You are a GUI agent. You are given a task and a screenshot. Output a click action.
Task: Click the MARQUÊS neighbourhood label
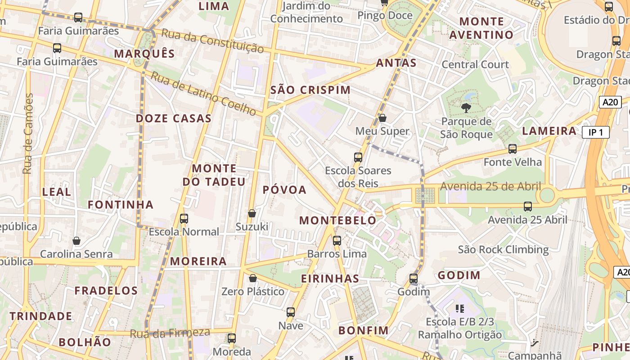(144, 54)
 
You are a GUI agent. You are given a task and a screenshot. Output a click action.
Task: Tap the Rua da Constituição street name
(212, 41)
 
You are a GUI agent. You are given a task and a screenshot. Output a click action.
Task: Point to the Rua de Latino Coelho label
(203, 93)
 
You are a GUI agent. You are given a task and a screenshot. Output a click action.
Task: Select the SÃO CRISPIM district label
(310, 90)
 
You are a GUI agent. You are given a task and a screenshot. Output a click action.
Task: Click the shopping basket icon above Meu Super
(382, 118)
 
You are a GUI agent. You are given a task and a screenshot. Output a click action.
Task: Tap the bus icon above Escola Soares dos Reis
(358, 157)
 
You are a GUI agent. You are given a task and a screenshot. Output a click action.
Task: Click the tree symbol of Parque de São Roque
(466, 108)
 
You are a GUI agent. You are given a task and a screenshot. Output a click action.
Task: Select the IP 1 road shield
(595, 132)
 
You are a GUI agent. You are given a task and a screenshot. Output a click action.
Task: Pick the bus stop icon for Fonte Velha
(512, 149)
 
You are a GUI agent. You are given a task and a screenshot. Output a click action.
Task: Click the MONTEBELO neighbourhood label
(337, 220)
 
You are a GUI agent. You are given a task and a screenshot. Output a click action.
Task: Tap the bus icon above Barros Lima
(337, 241)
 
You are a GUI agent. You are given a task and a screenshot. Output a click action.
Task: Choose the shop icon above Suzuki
(252, 213)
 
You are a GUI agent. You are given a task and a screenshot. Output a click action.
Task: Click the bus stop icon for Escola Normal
(184, 219)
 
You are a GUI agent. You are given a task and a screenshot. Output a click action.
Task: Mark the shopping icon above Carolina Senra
(76, 241)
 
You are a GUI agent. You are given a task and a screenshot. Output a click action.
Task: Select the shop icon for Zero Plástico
(253, 279)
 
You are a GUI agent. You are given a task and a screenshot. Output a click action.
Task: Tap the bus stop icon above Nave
(291, 312)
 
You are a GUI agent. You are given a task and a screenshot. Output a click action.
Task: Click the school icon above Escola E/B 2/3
(460, 309)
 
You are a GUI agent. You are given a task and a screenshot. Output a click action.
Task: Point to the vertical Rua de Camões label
(28, 134)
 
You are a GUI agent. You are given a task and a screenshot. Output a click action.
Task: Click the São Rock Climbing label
(503, 249)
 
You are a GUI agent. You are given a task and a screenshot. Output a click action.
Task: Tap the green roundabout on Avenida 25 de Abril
(547, 196)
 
